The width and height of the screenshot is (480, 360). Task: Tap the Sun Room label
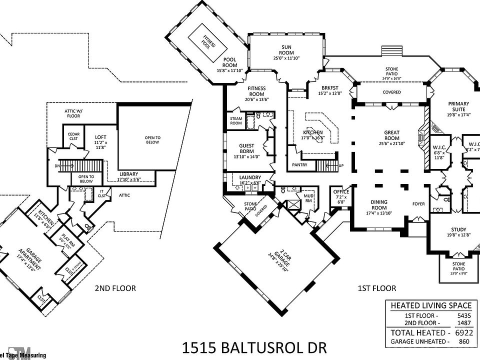tap(286, 49)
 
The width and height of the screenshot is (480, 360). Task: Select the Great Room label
tap(391, 132)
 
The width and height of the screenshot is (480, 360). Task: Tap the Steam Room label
tap(236, 120)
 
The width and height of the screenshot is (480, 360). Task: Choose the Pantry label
tap(300, 164)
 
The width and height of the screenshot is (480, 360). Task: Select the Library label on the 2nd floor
tap(128, 174)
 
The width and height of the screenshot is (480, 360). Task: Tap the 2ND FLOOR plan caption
tap(115, 288)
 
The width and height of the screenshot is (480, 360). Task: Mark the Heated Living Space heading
tap(430, 305)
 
